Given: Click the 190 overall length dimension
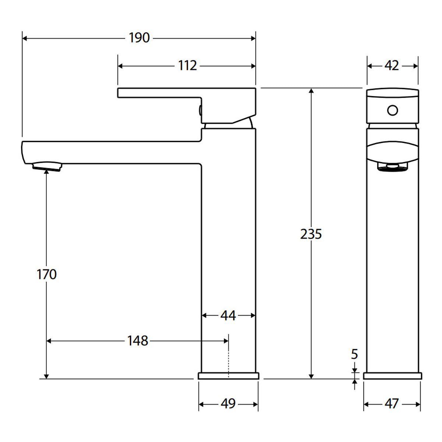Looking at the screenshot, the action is (139, 38).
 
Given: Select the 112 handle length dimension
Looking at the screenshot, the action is (187, 66).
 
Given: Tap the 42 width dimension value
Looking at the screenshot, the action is (392, 66).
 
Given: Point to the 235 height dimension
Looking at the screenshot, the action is (311, 234).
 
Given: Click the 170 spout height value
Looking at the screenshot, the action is (46, 274).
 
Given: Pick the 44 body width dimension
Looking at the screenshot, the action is (228, 316).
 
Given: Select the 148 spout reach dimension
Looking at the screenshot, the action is (138, 341).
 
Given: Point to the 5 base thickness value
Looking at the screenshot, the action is (354, 354).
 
